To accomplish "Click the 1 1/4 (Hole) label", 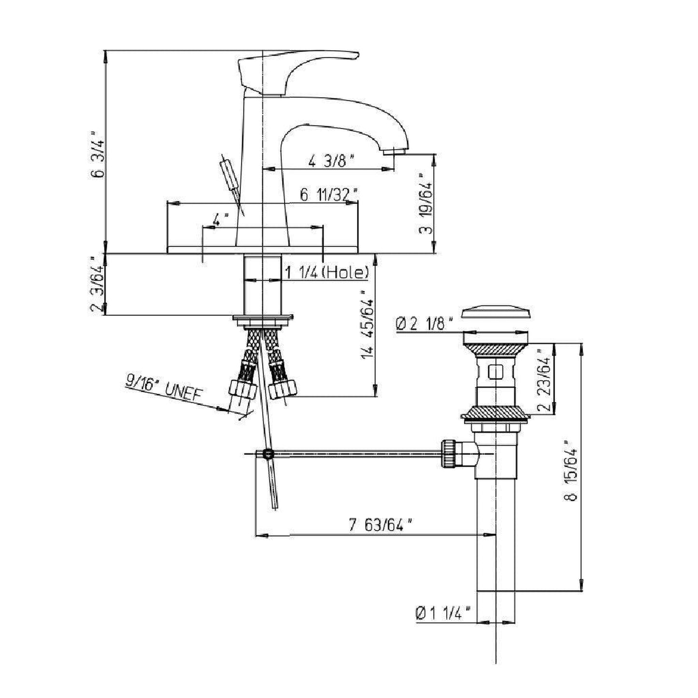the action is pos(327,272).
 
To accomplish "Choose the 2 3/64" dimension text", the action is pos(97,285).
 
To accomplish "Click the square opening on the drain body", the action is pos(495,372).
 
